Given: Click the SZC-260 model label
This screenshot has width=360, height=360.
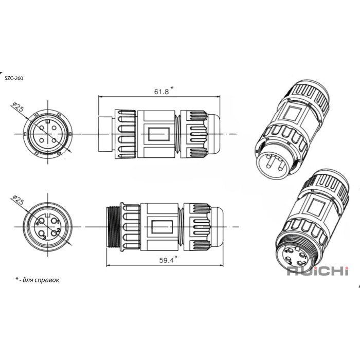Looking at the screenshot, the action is [x=14, y=78].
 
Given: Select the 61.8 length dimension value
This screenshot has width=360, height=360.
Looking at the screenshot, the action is [x=161, y=92].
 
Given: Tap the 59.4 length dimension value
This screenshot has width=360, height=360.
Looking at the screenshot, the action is [x=167, y=260].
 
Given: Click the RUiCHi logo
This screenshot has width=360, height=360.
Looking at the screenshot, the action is [x=318, y=271].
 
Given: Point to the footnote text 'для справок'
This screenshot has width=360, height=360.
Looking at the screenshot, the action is [x=41, y=280].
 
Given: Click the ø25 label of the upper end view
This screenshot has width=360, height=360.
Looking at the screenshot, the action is [x=17, y=107].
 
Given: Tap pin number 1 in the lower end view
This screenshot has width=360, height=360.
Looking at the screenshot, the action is [x=58, y=222].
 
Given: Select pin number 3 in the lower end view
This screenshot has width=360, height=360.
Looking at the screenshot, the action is [x=45, y=238].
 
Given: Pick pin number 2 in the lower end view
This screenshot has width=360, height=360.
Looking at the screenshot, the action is [x=58, y=230].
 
